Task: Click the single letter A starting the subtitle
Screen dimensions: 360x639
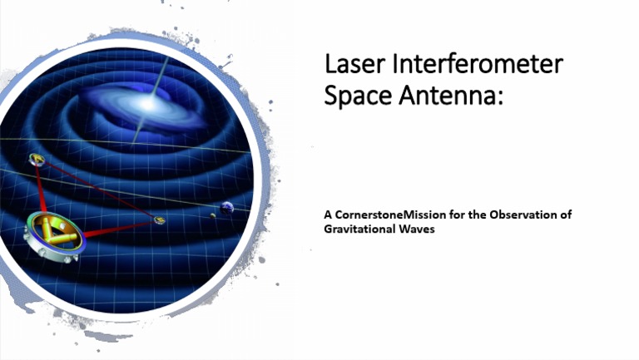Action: pos(327,215)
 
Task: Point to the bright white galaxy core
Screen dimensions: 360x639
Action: pos(151,103)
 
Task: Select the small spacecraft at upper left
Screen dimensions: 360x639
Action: pos(36,159)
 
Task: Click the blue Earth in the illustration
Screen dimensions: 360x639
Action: pos(225,208)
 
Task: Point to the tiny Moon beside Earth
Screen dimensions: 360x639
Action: pos(213,215)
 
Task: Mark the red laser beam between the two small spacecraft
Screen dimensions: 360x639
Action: pos(96,189)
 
